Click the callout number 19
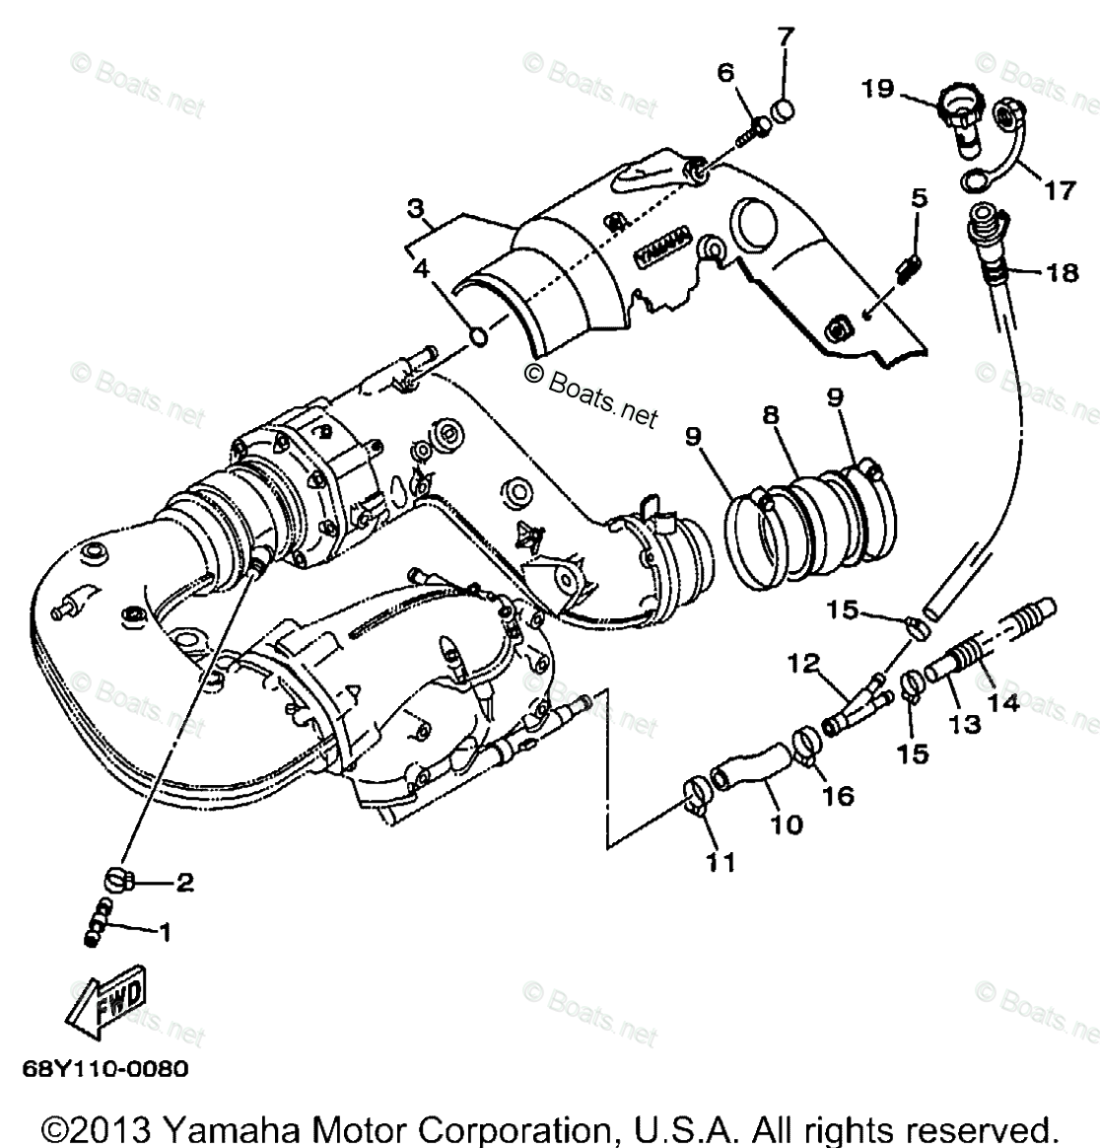875,90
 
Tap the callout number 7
785,38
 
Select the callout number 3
416,209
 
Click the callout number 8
770,417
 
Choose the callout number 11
720,863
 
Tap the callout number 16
838,795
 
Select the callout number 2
184,883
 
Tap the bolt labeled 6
760,127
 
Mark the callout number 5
919,198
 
